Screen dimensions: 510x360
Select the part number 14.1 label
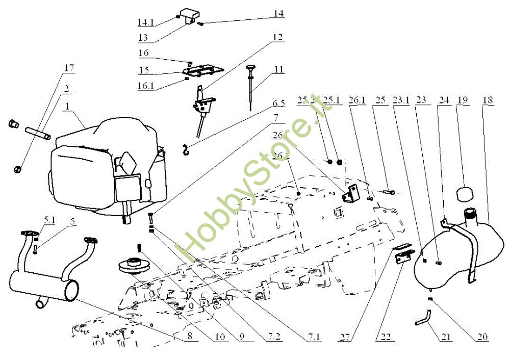pos(145,22)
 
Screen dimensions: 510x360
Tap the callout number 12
pos(277,37)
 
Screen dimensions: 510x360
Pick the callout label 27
pos(344,337)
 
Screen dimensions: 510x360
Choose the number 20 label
pos(482,337)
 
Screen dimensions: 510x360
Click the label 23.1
pos(401,100)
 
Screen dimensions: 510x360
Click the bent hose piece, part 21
pos(422,318)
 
